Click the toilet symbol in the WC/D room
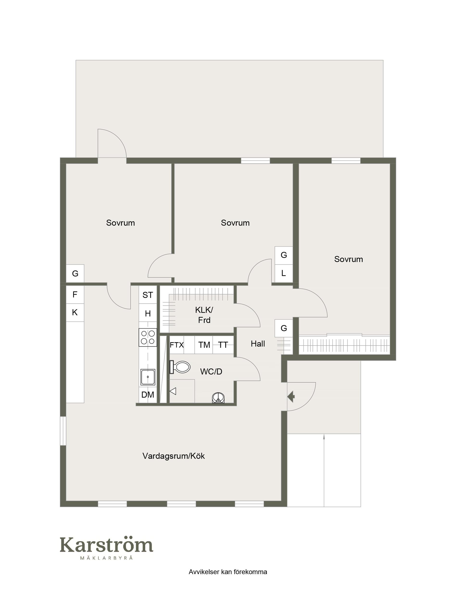[x=179, y=367]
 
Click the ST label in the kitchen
[x=148, y=295]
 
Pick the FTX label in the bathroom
[x=177, y=345]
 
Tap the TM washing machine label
[x=204, y=345]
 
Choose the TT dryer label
[x=223, y=345]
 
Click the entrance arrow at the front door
[x=291, y=397]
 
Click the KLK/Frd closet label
[x=204, y=315]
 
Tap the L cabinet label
[x=283, y=273]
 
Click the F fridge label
[x=75, y=294]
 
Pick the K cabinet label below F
[x=75, y=313]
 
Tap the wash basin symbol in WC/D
[x=218, y=398]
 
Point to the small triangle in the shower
[x=173, y=391]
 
